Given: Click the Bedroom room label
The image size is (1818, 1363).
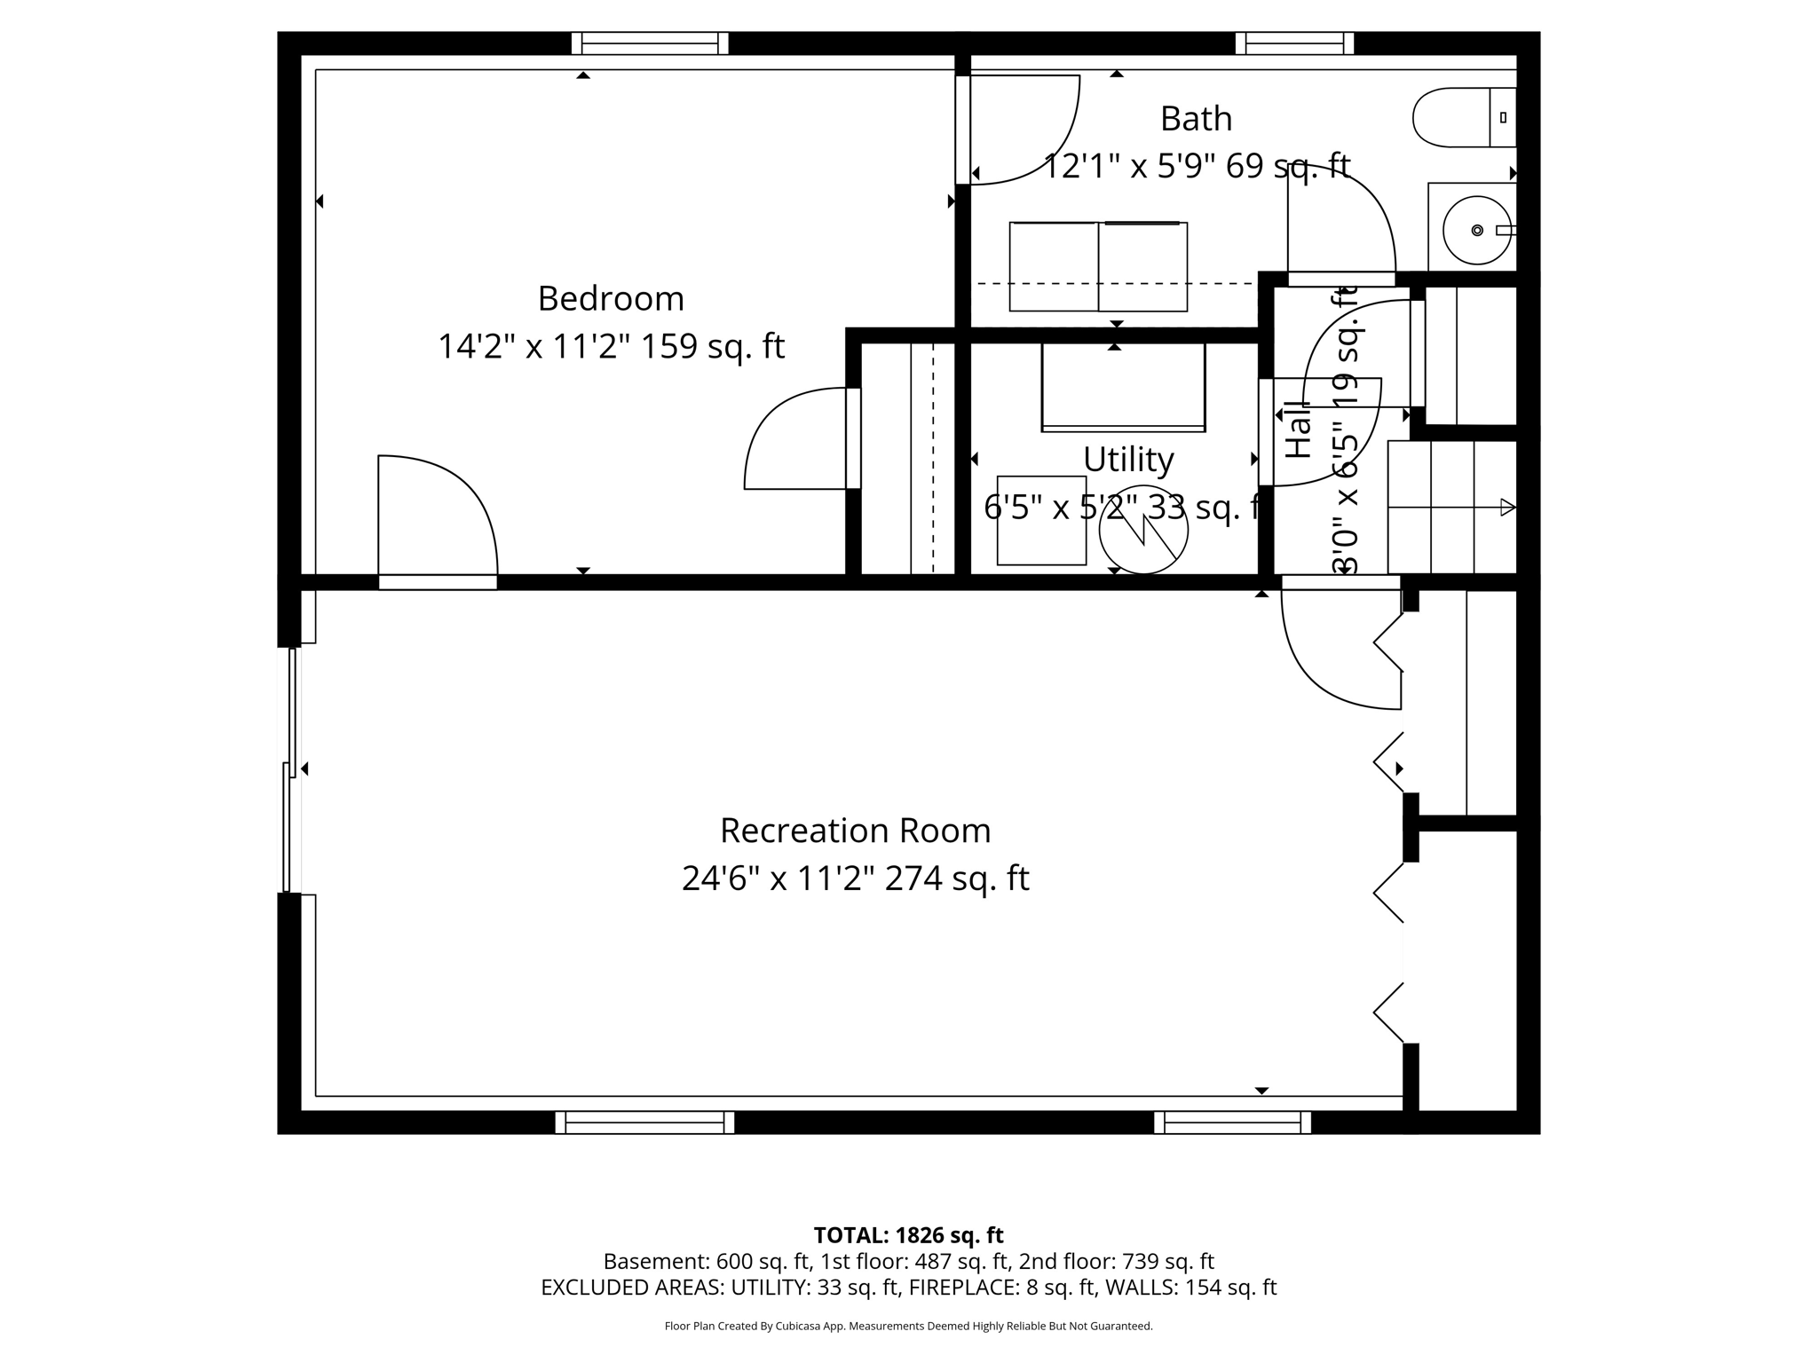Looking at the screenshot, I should (x=611, y=299).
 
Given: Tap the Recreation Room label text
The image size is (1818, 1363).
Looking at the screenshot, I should (x=855, y=831).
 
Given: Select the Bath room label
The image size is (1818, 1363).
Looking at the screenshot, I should (x=1196, y=119).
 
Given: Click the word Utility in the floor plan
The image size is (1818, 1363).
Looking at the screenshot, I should (x=1128, y=460).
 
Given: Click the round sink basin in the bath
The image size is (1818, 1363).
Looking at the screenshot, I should (x=1476, y=231).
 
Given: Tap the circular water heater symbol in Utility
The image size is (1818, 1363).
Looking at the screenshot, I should (x=1143, y=530).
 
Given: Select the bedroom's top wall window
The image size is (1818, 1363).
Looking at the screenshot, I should (x=650, y=43).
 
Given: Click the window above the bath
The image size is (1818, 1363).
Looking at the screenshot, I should (x=1294, y=43).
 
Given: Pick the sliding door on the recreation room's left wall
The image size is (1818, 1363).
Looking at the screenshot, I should (x=289, y=770).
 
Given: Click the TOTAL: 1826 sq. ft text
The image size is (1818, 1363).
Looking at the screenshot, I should (x=908, y=1235).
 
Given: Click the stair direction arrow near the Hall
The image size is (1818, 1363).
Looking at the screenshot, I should (x=1506, y=508).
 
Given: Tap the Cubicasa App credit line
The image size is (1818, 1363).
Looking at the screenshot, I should (x=908, y=1327).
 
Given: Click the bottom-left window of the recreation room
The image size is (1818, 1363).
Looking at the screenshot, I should (x=644, y=1123).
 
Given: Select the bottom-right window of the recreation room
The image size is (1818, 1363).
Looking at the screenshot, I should (x=1232, y=1123).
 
